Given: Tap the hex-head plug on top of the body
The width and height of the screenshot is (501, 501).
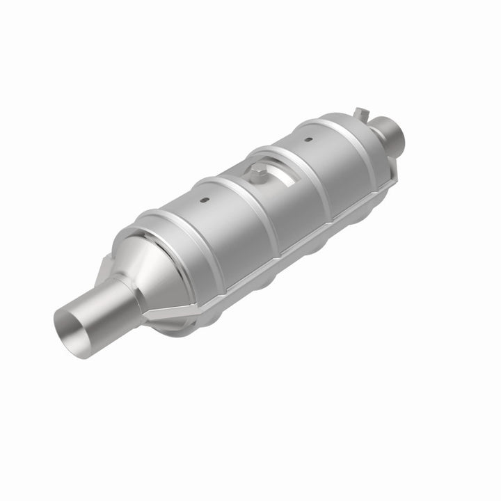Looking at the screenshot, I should coord(259,172).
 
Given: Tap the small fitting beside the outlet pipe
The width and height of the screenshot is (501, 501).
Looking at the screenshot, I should coord(360,113).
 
